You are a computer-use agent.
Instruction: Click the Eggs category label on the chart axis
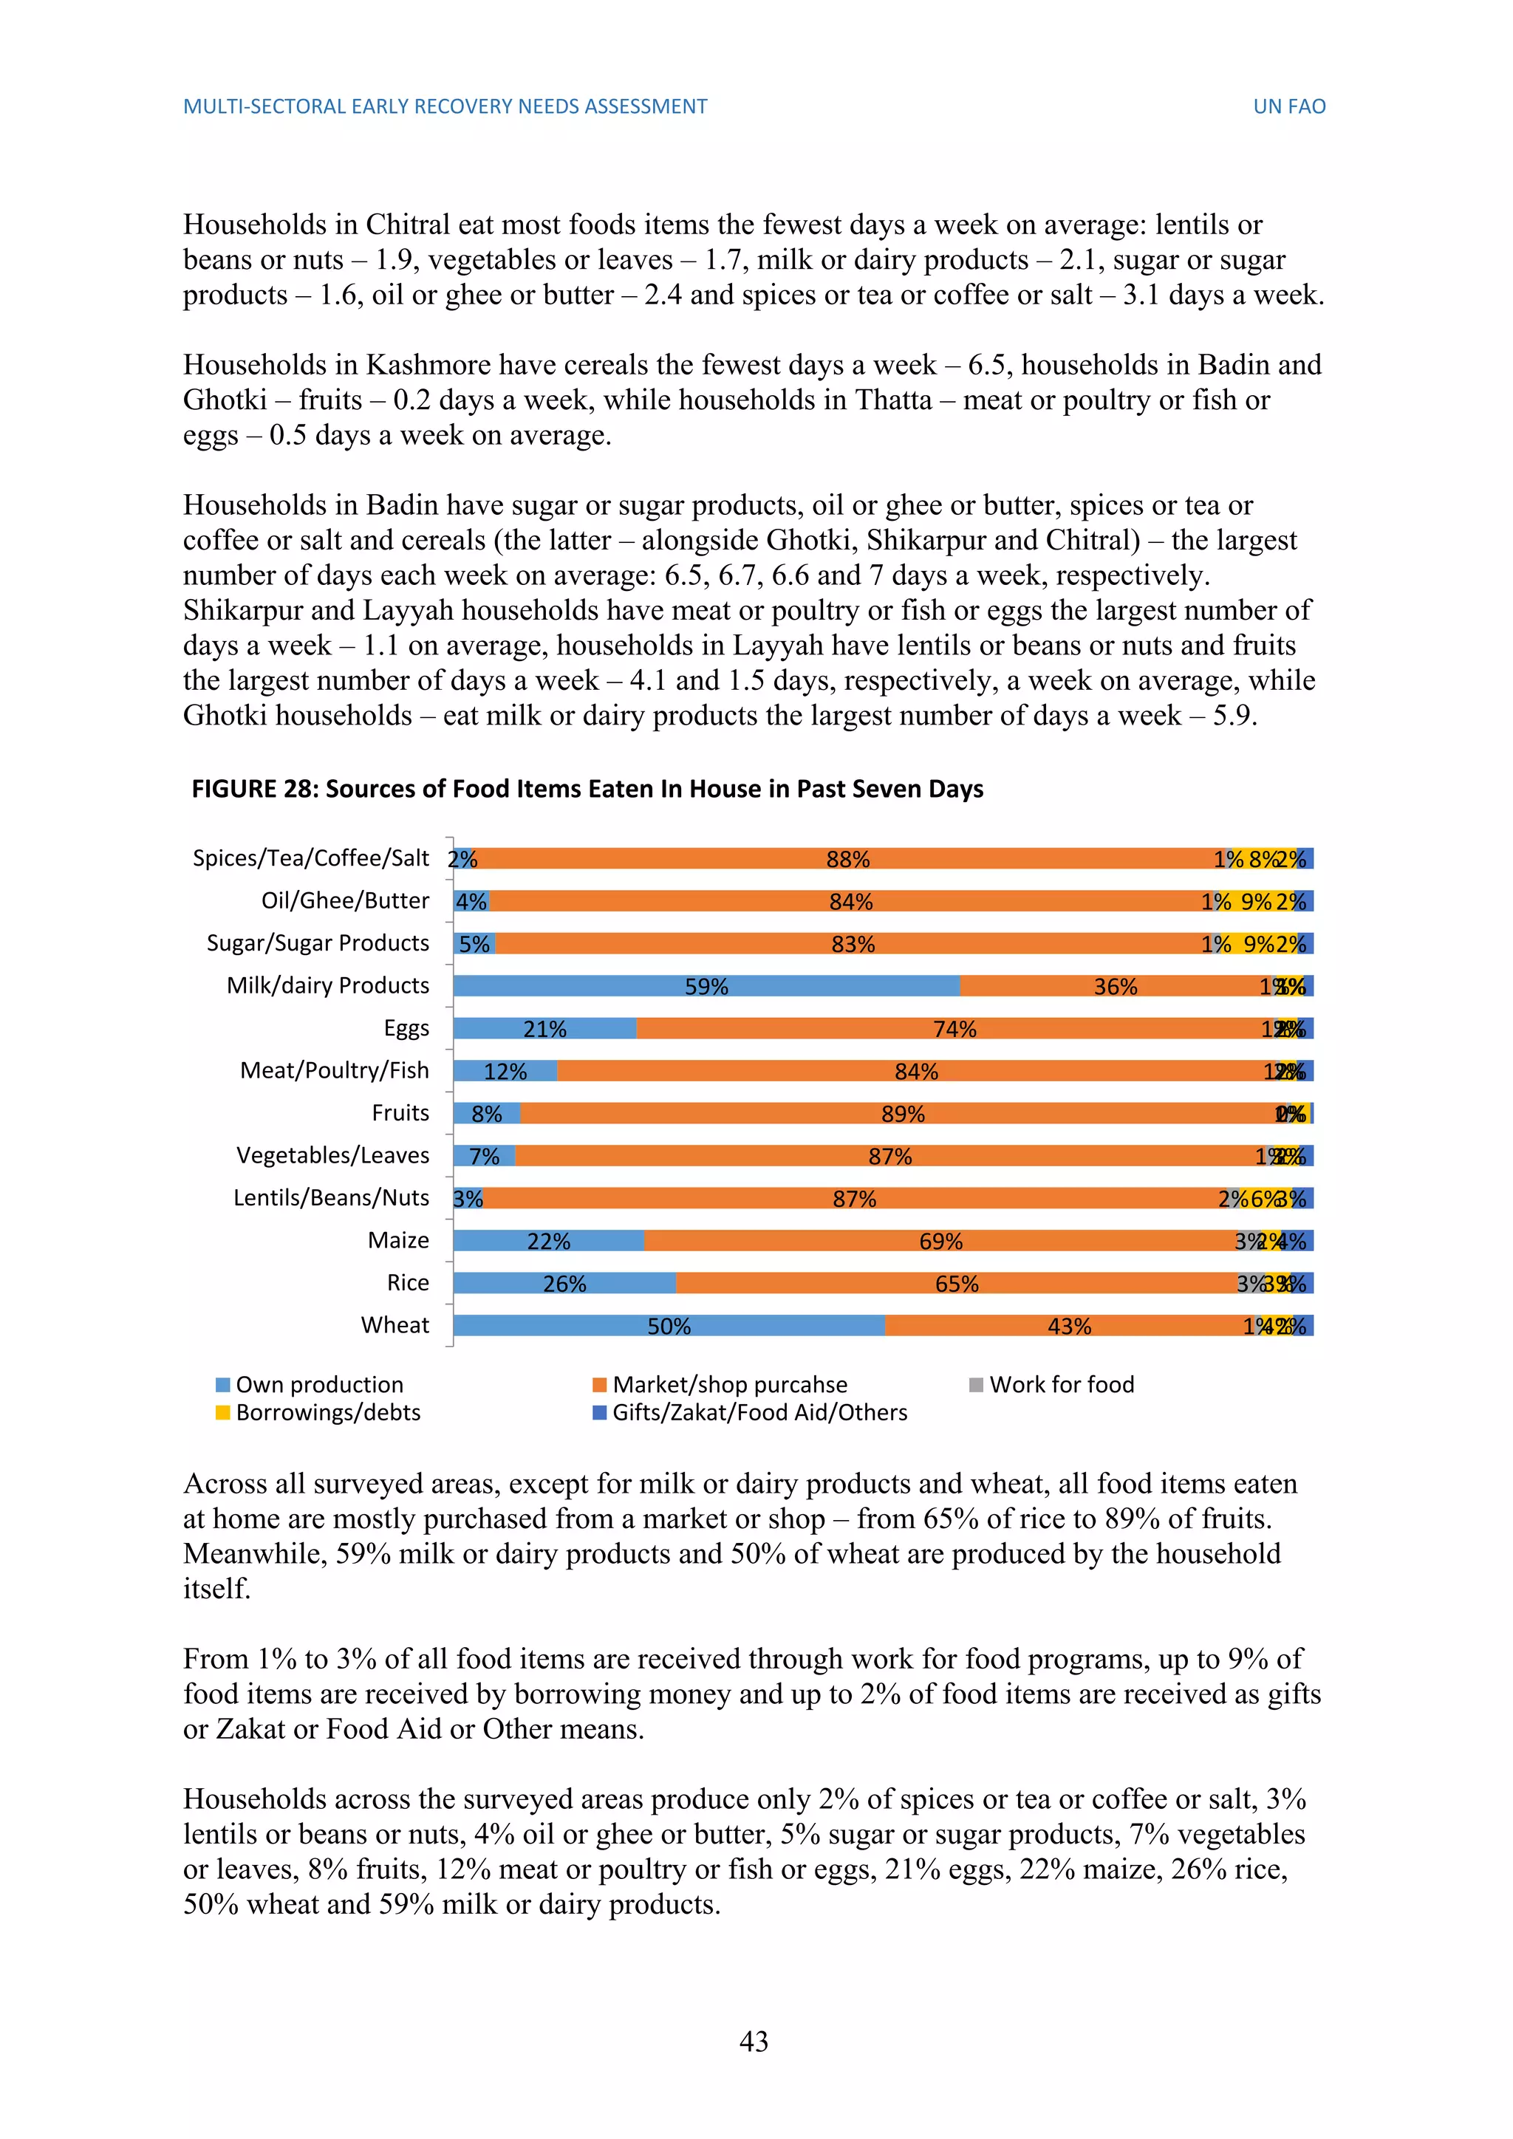406,1029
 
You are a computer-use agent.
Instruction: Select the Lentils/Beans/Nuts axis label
331,1198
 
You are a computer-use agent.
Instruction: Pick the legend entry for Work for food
1061,1384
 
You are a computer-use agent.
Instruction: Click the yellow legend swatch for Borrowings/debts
222,1412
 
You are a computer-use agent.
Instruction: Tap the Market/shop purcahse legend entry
729,1384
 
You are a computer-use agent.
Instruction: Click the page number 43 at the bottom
754,2042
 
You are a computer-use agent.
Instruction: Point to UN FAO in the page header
1288,106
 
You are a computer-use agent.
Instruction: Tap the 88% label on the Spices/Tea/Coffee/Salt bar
848,859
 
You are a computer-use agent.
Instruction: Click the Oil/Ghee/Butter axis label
345,901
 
